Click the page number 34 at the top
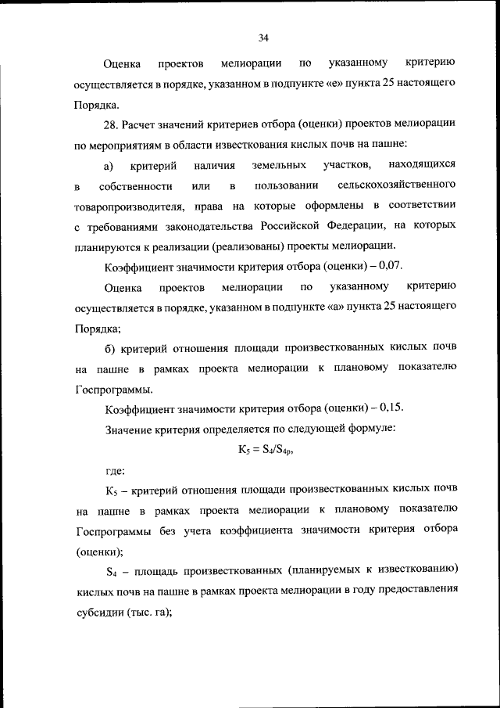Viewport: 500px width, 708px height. click(263, 38)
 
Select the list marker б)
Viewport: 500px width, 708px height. click(110, 347)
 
